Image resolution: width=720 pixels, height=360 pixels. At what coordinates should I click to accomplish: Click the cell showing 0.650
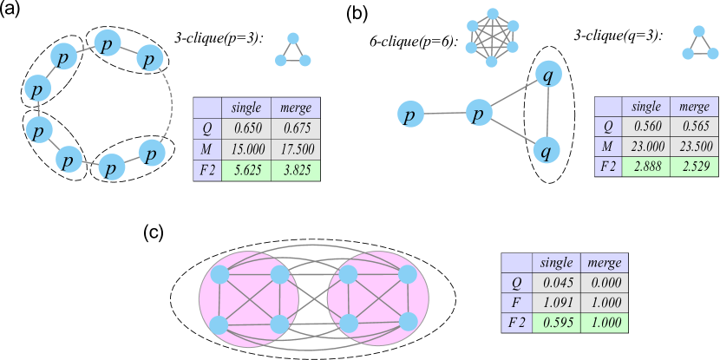246,128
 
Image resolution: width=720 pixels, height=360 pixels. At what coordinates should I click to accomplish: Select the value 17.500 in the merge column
295,149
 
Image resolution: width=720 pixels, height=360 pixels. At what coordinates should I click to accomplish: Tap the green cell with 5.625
246,171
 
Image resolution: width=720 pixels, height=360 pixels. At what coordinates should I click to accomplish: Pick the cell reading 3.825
295,171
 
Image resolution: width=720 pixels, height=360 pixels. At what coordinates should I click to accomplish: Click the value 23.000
646,147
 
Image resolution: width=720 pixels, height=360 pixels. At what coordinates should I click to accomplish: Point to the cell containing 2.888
646,167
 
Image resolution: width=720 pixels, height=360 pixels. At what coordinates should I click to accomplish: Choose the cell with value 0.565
694,128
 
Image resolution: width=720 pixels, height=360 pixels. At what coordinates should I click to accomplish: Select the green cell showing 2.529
694,167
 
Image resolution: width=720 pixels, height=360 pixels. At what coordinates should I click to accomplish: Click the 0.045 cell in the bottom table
556,282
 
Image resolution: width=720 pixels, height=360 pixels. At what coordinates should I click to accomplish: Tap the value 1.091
556,302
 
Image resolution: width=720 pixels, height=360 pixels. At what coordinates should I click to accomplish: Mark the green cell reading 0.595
556,322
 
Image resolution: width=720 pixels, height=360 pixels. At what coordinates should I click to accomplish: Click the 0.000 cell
603,282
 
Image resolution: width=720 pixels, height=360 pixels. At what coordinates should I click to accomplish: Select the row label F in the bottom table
518,302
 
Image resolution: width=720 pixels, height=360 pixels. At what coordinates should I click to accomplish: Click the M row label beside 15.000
207,149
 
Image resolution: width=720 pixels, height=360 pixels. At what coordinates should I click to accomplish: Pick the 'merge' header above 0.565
694,107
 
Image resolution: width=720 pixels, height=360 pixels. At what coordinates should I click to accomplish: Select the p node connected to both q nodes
479,113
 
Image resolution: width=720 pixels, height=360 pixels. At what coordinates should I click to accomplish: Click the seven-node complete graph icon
492,37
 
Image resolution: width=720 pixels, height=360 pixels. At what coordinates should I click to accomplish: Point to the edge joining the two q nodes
547,113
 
